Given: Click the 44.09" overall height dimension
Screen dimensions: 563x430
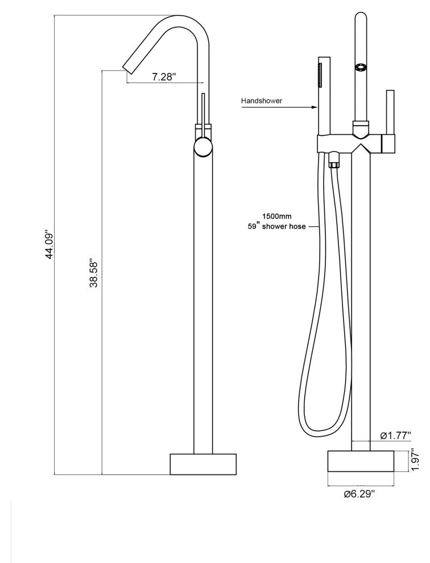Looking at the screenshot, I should (x=49, y=245).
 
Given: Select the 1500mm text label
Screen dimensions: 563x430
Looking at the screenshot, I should (x=278, y=216).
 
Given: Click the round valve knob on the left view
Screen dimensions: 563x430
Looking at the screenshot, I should (x=202, y=147).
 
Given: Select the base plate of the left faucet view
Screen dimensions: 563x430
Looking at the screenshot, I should (x=203, y=463).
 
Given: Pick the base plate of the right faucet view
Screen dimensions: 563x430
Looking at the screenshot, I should (x=360, y=461).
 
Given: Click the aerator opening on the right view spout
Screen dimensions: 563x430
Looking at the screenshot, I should (x=360, y=67).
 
